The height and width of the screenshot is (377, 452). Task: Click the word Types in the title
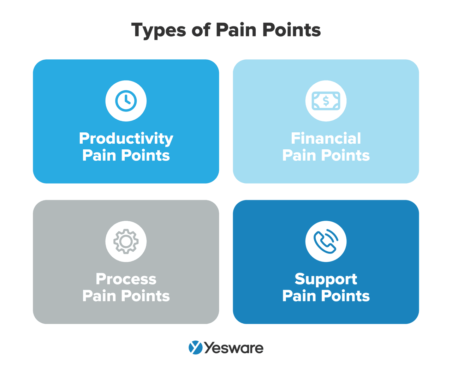tap(159, 30)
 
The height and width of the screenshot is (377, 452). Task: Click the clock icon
tap(126, 101)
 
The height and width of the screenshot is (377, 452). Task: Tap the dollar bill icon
tap(326, 101)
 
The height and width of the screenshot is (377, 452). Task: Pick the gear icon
tap(126, 241)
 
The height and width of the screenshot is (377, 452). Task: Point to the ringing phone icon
tap(326, 241)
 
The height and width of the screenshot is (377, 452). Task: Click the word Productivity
tap(126, 139)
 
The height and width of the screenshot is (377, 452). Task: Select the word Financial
tap(326, 138)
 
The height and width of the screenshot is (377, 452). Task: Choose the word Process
tap(126, 279)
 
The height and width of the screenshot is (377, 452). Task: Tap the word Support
tap(326, 280)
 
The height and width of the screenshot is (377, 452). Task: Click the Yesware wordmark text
tap(234, 348)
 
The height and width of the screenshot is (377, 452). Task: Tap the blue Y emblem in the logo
tap(196, 348)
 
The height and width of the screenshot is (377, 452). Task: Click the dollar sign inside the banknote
tap(326, 101)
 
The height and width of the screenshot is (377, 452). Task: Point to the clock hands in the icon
tap(127, 99)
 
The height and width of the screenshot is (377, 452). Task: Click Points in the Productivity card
tap(145, 155)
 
